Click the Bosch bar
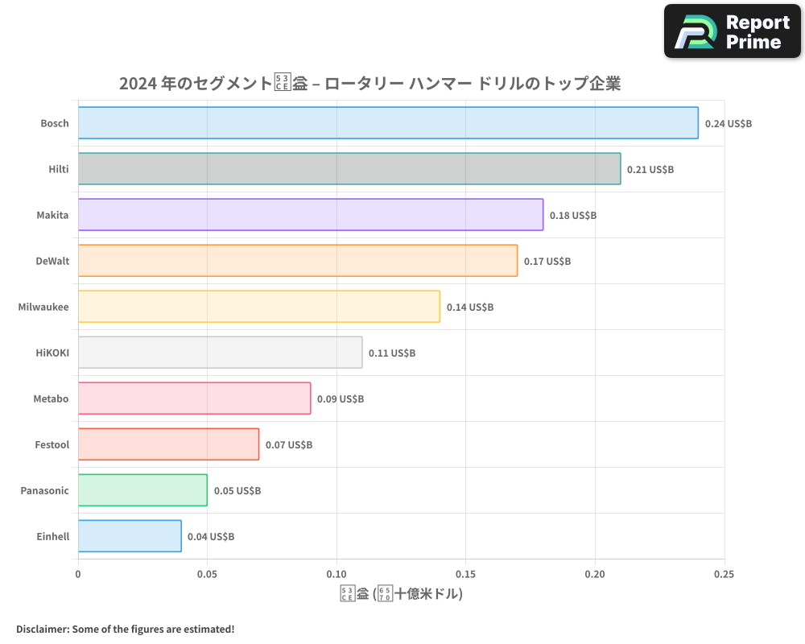(x=388, y=123)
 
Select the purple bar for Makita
(x=311, y=215)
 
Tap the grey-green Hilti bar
(x=349, y=169)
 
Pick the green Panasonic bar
(x=142, y=490)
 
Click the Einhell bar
(x=130, y=536)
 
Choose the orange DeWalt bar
(x=298, y=261)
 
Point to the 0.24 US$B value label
(x=728, y=124)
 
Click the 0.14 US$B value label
(x=470, y=308)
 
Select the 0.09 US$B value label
(x=341, y=399)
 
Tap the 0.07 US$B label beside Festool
(x=289, y=445)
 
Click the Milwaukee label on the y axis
(x=43, y=307)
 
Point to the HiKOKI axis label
(x=52, y=353)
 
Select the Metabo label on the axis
(x=51, y=398)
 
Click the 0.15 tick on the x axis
(x=465, y=575)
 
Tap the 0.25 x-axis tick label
(x=724, y=575)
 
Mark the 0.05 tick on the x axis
(x=207, y=575)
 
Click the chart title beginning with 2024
(x=369, y=84)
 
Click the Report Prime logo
(x=733, y=31)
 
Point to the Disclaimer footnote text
(x=126, y=629)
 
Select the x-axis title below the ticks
(x=401, y=595)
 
